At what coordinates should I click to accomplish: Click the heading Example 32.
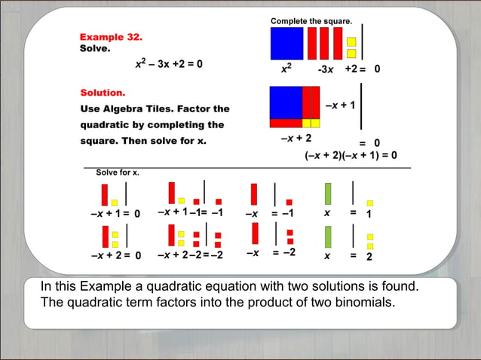(111, 37)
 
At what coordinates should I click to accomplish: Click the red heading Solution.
(103, 93)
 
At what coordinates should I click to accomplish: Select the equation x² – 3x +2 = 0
(168, 64)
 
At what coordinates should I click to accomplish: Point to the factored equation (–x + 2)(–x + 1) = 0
(351, 156)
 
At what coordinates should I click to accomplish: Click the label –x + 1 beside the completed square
(340, 105)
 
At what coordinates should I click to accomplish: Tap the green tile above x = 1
(327, 194)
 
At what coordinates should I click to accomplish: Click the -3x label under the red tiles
(326, 69)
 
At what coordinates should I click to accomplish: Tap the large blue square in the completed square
(285, 102)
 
